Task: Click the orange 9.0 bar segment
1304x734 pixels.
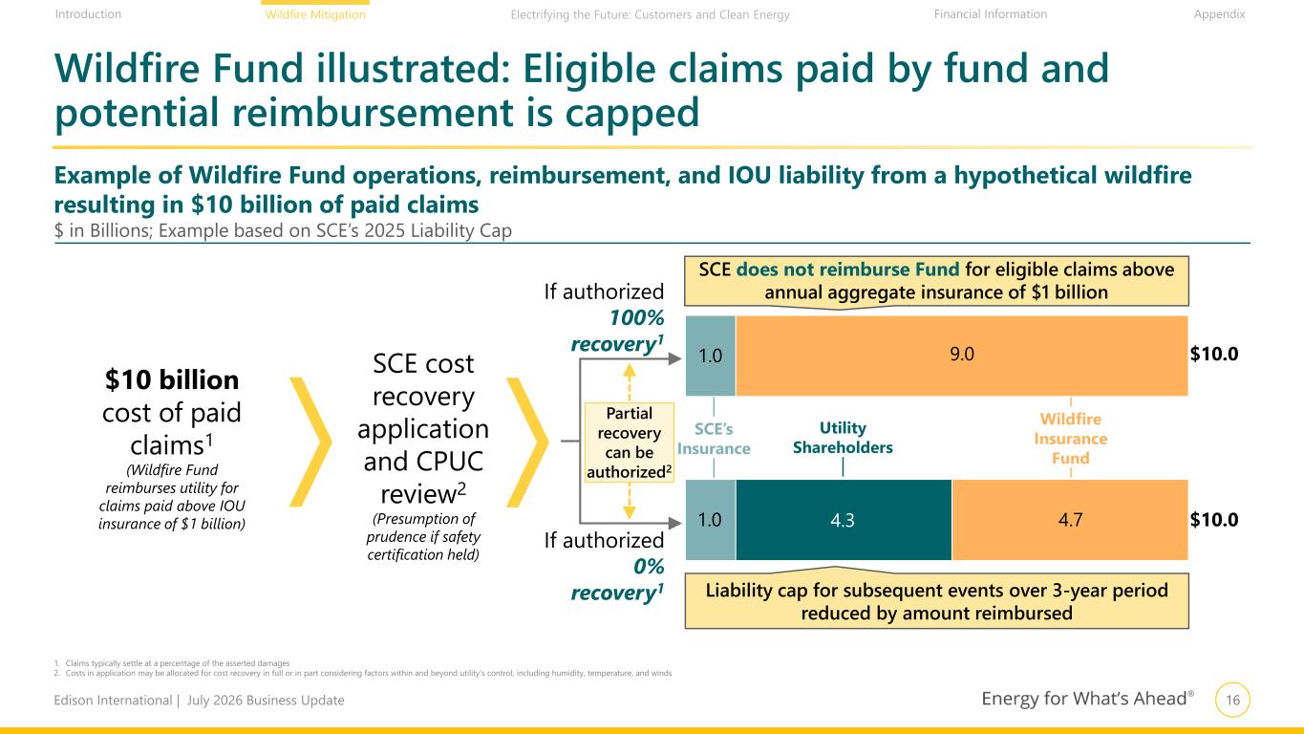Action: pyautogui.click(x=962, y=356)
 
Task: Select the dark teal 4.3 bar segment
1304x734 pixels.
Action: pyautogui.click(x=844, y=520)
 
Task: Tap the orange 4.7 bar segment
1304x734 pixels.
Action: pyautogui.click(x=1070, y=520)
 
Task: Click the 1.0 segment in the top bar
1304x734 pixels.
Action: pyautogui.click(x=711, y=356)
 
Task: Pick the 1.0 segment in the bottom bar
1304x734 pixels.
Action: pyautogui.click(x=711, y=520)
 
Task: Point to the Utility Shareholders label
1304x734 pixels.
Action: pyautogui.click(x=843, y=438)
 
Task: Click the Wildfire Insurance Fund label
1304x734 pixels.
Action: pyautogui.click(x=1071, y=438)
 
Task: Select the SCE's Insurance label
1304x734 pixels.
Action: pyautogui.click(x=714, y=439)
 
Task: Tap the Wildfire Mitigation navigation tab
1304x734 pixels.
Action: pyautogui.click(x=315, y=14)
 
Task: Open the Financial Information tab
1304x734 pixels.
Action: pyautogui.click(x=991, y=14)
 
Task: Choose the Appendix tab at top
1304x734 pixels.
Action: pyautogui.click(x=1219, y=14)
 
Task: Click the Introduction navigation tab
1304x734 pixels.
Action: pyautogui.click(x=88, y=14)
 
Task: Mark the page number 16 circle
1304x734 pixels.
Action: pyautogui.click(x=1232, y=700)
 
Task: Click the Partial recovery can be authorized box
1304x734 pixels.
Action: pyautogui.click(x=630, y=443)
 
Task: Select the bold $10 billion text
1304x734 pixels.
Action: pyautogui.click(x=172, y=379)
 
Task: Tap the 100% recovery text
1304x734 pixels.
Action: pyautogui.click(x=617, y=331)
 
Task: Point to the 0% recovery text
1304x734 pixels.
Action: pyautogui.click(x=617, y=579)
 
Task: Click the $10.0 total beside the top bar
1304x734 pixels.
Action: pyautogui.click(x=1214, y=354)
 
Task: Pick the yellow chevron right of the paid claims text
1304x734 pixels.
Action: pyautogui.click(x=310, y=443)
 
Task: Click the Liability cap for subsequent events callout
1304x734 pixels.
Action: pyautogui.click(x=936, y=601)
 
